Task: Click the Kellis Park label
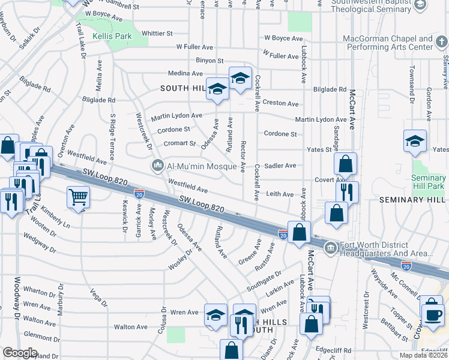pos(112,37)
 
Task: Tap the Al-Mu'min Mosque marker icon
pos(158,164)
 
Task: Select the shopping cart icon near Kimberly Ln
pos(78,196)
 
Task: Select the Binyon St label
pos(209,61)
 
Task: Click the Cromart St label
pos(180,144)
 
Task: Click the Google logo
pos(20,353)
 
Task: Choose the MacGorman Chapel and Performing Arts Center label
pos(388,43)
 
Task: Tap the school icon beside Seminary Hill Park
pos(415,141)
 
